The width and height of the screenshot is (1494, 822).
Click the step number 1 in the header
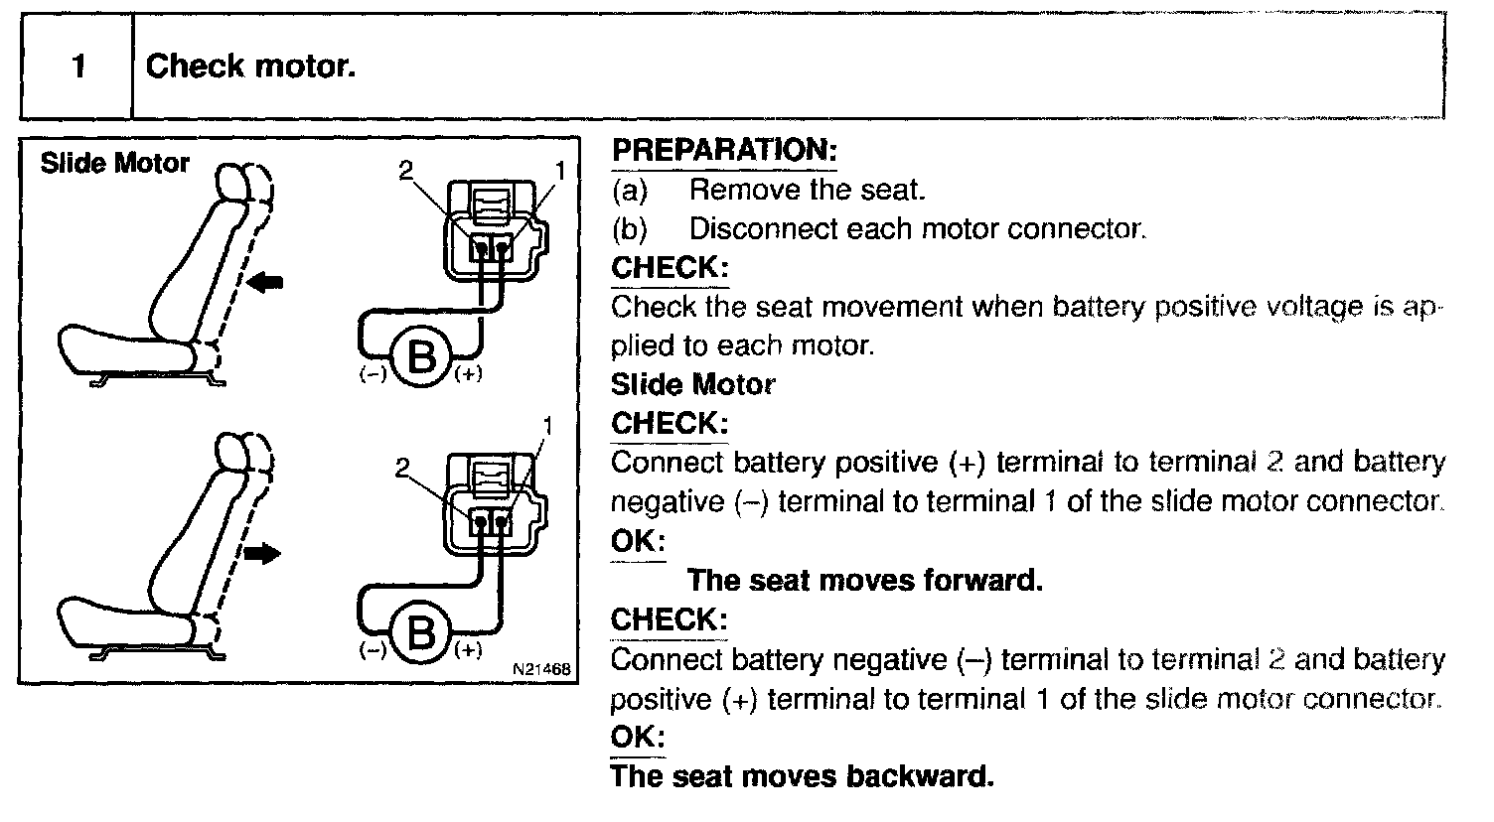[x=77, y=68]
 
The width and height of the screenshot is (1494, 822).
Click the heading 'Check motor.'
[x=250, y=68]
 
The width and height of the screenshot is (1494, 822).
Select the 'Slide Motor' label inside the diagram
[x=114, y=164]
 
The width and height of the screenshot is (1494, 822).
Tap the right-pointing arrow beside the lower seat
[x=263, y=554]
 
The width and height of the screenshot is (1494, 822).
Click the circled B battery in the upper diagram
[x=423, y=356]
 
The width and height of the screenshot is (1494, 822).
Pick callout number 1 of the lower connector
[x=544, y=427]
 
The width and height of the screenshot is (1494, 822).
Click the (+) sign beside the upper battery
[x=468, y=376]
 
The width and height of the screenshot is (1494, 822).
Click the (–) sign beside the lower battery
[x=373, y=651]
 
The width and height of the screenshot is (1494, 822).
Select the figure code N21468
[x=541, y=670]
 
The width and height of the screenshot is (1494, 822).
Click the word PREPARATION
[x=724, y=151]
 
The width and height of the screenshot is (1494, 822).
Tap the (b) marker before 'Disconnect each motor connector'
[x=629, y=229]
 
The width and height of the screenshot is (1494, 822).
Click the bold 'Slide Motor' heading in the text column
[x=692, y=384]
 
